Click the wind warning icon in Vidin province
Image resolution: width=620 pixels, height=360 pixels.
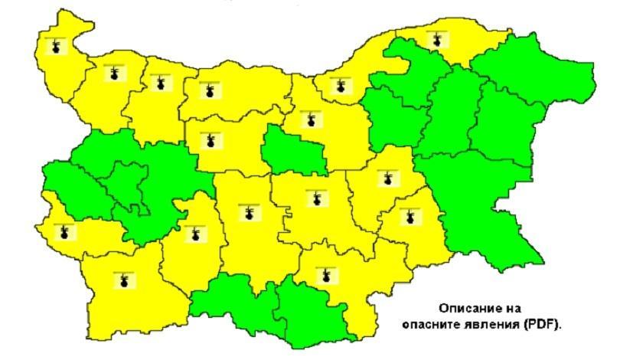pyautogui.click(x=55, y=47)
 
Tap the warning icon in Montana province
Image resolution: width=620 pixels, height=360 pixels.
pyautogui.click(x=113, y=74)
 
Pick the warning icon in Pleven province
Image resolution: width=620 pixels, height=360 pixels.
pyautogui.click(x=207, y=91)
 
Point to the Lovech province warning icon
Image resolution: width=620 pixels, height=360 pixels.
pyautogui.click(x=210, y=141)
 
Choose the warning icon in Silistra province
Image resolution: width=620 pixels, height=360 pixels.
pyautogui.click(x=437, y=38)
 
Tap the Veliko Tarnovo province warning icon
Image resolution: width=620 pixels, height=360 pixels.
pyautogui.click(x=311, y=120)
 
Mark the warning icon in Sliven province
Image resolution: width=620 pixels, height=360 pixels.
pyautogui.click(x=389, y=178)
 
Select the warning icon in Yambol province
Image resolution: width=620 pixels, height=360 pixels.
pyautogui.click(x=409, y=217)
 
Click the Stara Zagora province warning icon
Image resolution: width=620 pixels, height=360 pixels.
pyautogui.click(x=312, y=198)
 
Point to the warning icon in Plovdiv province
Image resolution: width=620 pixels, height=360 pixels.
pyautogui.click(x=247, y=212)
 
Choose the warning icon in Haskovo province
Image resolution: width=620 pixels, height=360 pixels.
pyautogui.click(x=327, y=274)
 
